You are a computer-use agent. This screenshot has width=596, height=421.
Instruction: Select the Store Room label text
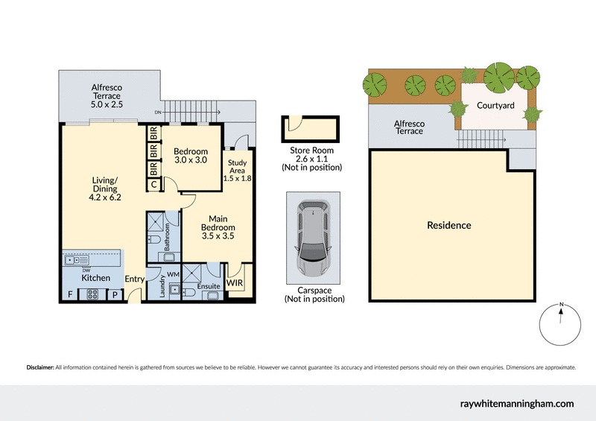(x=311, y=151)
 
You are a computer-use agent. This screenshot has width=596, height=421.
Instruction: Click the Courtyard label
(x=495, y=106)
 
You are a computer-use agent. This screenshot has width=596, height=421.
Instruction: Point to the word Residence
(x=448, y=225)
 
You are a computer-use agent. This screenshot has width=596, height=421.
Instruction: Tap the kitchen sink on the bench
(x=74, y=259)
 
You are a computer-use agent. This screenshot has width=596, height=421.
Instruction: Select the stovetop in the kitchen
(x=95, y=294)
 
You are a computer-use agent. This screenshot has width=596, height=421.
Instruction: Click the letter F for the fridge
(x=70, y=294)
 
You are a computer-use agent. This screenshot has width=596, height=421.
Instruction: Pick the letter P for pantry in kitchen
(x=115, y=294)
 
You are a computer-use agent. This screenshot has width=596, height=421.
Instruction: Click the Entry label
(x=135, y=279)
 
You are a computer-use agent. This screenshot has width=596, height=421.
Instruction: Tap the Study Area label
(x=238, y=173)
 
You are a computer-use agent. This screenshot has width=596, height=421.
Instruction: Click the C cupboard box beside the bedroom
(x=153, y=184)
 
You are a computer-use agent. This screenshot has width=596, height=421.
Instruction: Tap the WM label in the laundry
(x=174, y=275)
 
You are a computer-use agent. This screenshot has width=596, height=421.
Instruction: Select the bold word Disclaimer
(x=40, y=367)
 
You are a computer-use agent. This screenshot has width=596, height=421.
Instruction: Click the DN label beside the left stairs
(x=158, y=113)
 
